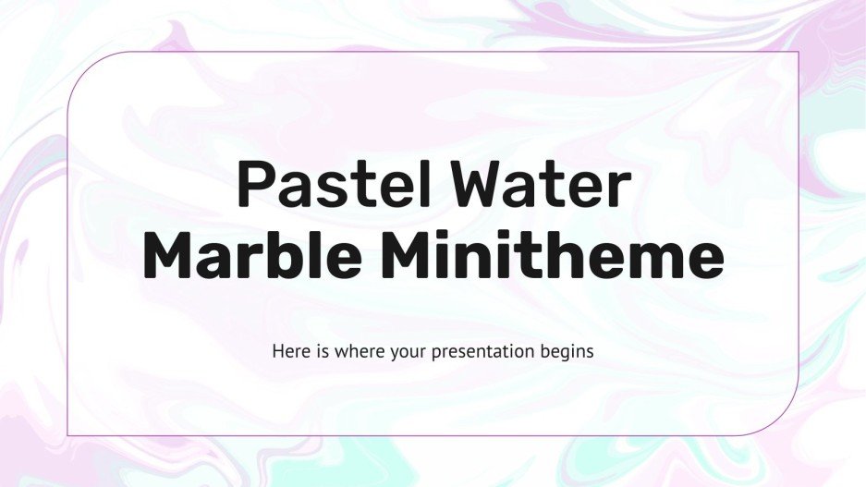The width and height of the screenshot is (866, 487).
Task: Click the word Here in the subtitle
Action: (287, 351)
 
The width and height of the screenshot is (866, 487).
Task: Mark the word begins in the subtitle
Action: (568, 352)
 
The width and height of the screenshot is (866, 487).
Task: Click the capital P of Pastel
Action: (252, 185)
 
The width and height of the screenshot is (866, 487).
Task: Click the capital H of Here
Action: (277, 351)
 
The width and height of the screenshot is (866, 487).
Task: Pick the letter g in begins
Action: (563, 354)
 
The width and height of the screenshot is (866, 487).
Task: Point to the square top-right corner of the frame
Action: (798, 53)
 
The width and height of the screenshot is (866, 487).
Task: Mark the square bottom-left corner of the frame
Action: (68, 434)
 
